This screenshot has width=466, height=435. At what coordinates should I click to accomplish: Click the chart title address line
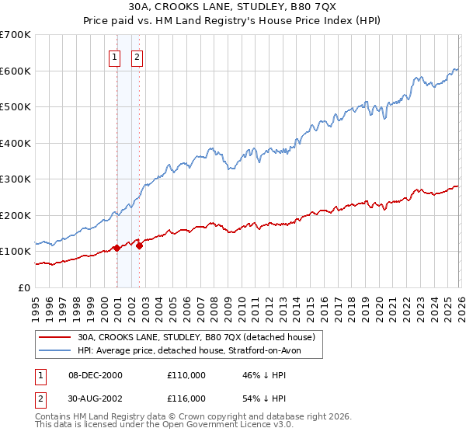232,8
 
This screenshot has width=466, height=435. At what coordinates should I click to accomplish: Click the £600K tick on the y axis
15,71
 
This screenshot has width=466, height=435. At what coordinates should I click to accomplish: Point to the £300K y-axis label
15,179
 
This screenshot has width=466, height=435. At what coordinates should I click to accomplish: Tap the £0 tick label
23,287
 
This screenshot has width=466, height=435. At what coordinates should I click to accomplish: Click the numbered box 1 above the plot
115,56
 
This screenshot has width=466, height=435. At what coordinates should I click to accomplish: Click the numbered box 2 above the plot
137,56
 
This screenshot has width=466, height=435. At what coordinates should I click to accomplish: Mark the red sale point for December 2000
116,248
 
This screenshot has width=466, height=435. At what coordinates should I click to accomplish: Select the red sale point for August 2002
140,245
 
